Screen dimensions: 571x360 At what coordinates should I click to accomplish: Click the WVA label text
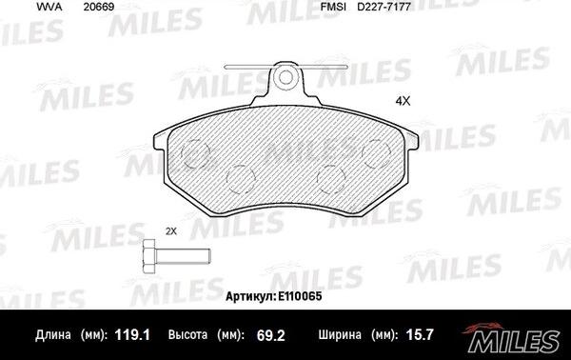(x=49, y=7)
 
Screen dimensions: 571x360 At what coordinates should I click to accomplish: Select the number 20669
(x=99, y=7)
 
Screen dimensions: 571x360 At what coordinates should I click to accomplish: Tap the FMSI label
(x=333, y=7)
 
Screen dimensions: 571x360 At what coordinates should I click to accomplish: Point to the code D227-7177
(x=384, y=7)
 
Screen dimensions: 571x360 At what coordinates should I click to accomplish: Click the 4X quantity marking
(x=403, y=101)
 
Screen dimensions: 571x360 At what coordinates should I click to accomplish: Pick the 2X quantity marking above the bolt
(x=170, y=231)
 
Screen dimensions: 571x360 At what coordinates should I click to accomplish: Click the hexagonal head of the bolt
(x=149, y=256)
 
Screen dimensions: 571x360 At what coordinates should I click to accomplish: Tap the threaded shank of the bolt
(x=183, y=256)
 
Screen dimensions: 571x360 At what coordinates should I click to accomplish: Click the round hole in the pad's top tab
(x=285, y=77)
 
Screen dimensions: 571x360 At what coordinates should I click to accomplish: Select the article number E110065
(x=300, y=296)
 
